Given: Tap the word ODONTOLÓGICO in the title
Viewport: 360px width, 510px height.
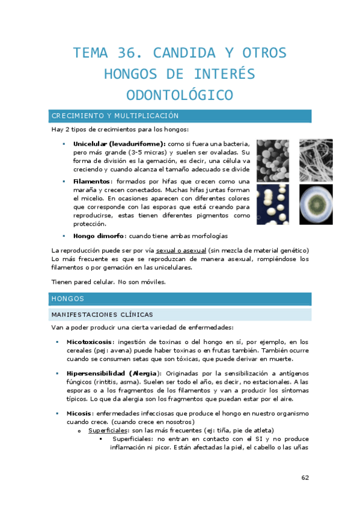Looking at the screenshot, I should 180,96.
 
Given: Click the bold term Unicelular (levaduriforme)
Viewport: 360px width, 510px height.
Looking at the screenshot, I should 119,144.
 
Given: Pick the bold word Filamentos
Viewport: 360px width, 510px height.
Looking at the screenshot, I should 92,182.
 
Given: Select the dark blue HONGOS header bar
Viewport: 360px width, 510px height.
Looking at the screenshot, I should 180,298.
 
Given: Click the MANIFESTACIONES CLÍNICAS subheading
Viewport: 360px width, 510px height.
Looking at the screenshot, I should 102,314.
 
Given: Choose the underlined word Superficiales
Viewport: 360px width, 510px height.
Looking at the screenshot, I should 109,431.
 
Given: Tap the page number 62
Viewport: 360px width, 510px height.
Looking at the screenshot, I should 305,478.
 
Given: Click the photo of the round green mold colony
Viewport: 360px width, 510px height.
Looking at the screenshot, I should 306,204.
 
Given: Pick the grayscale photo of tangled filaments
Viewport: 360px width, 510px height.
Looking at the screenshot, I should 306,161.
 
